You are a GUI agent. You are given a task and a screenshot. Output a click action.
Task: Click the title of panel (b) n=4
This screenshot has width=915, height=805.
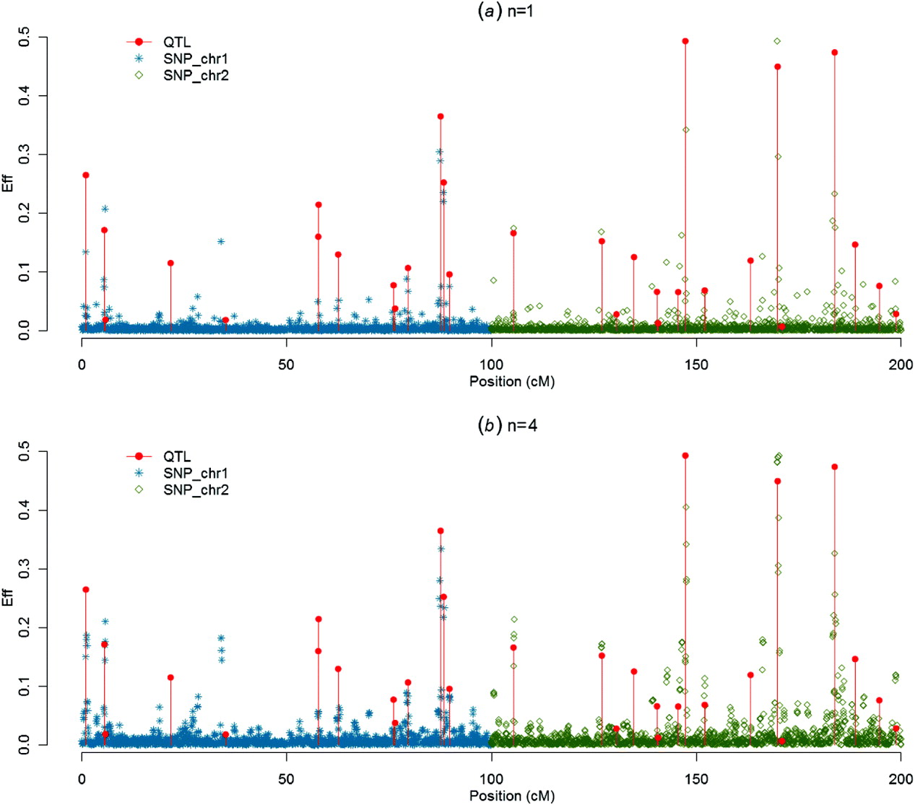(x=507, y=425)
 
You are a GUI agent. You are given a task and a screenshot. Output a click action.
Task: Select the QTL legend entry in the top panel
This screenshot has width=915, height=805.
(x=176, y=42)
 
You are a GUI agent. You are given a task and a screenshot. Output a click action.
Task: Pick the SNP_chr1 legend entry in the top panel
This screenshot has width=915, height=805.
(x=195, y=58)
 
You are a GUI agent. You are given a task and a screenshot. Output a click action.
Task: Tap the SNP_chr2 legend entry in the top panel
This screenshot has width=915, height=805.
(x=195, y=75)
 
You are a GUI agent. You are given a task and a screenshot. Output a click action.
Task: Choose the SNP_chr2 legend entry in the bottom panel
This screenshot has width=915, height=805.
(x=195, y=489)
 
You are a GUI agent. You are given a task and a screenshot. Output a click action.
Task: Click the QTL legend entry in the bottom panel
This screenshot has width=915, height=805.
(x=176, y=456)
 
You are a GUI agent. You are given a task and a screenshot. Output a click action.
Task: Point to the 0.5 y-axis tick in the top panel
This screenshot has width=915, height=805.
(x=25, y=37)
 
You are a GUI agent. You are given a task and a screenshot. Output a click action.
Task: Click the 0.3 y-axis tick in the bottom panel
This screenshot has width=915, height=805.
(x=25, y=569)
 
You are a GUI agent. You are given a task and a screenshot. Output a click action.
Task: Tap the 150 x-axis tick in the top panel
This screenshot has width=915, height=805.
(x=696, y=365)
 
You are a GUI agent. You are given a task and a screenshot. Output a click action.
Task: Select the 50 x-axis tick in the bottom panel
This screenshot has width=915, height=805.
(x=287, y=779)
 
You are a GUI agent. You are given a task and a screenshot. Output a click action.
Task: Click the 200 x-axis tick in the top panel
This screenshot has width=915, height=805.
(x=901, y=365)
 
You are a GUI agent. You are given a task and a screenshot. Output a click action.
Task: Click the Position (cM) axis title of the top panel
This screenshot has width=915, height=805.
(x=512, y=381)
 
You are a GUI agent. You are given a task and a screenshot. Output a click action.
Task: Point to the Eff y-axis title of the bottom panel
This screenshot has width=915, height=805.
(x=9, y=598)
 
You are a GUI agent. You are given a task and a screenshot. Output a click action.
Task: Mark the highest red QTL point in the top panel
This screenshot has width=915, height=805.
(x=685, y=41)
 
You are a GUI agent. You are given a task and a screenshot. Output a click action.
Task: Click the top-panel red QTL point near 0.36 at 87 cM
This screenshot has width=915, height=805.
(x=441, y=116)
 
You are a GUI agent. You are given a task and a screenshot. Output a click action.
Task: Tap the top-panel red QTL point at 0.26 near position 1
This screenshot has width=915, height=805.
(x=86, y=175)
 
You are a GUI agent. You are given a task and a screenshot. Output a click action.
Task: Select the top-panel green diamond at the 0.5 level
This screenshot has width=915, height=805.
(x=777, y=41)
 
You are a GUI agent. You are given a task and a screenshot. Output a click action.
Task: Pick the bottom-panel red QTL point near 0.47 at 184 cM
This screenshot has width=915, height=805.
(x=835, y=466)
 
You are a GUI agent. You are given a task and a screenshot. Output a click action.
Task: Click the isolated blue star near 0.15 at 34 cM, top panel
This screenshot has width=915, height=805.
(x=221, y=241)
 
